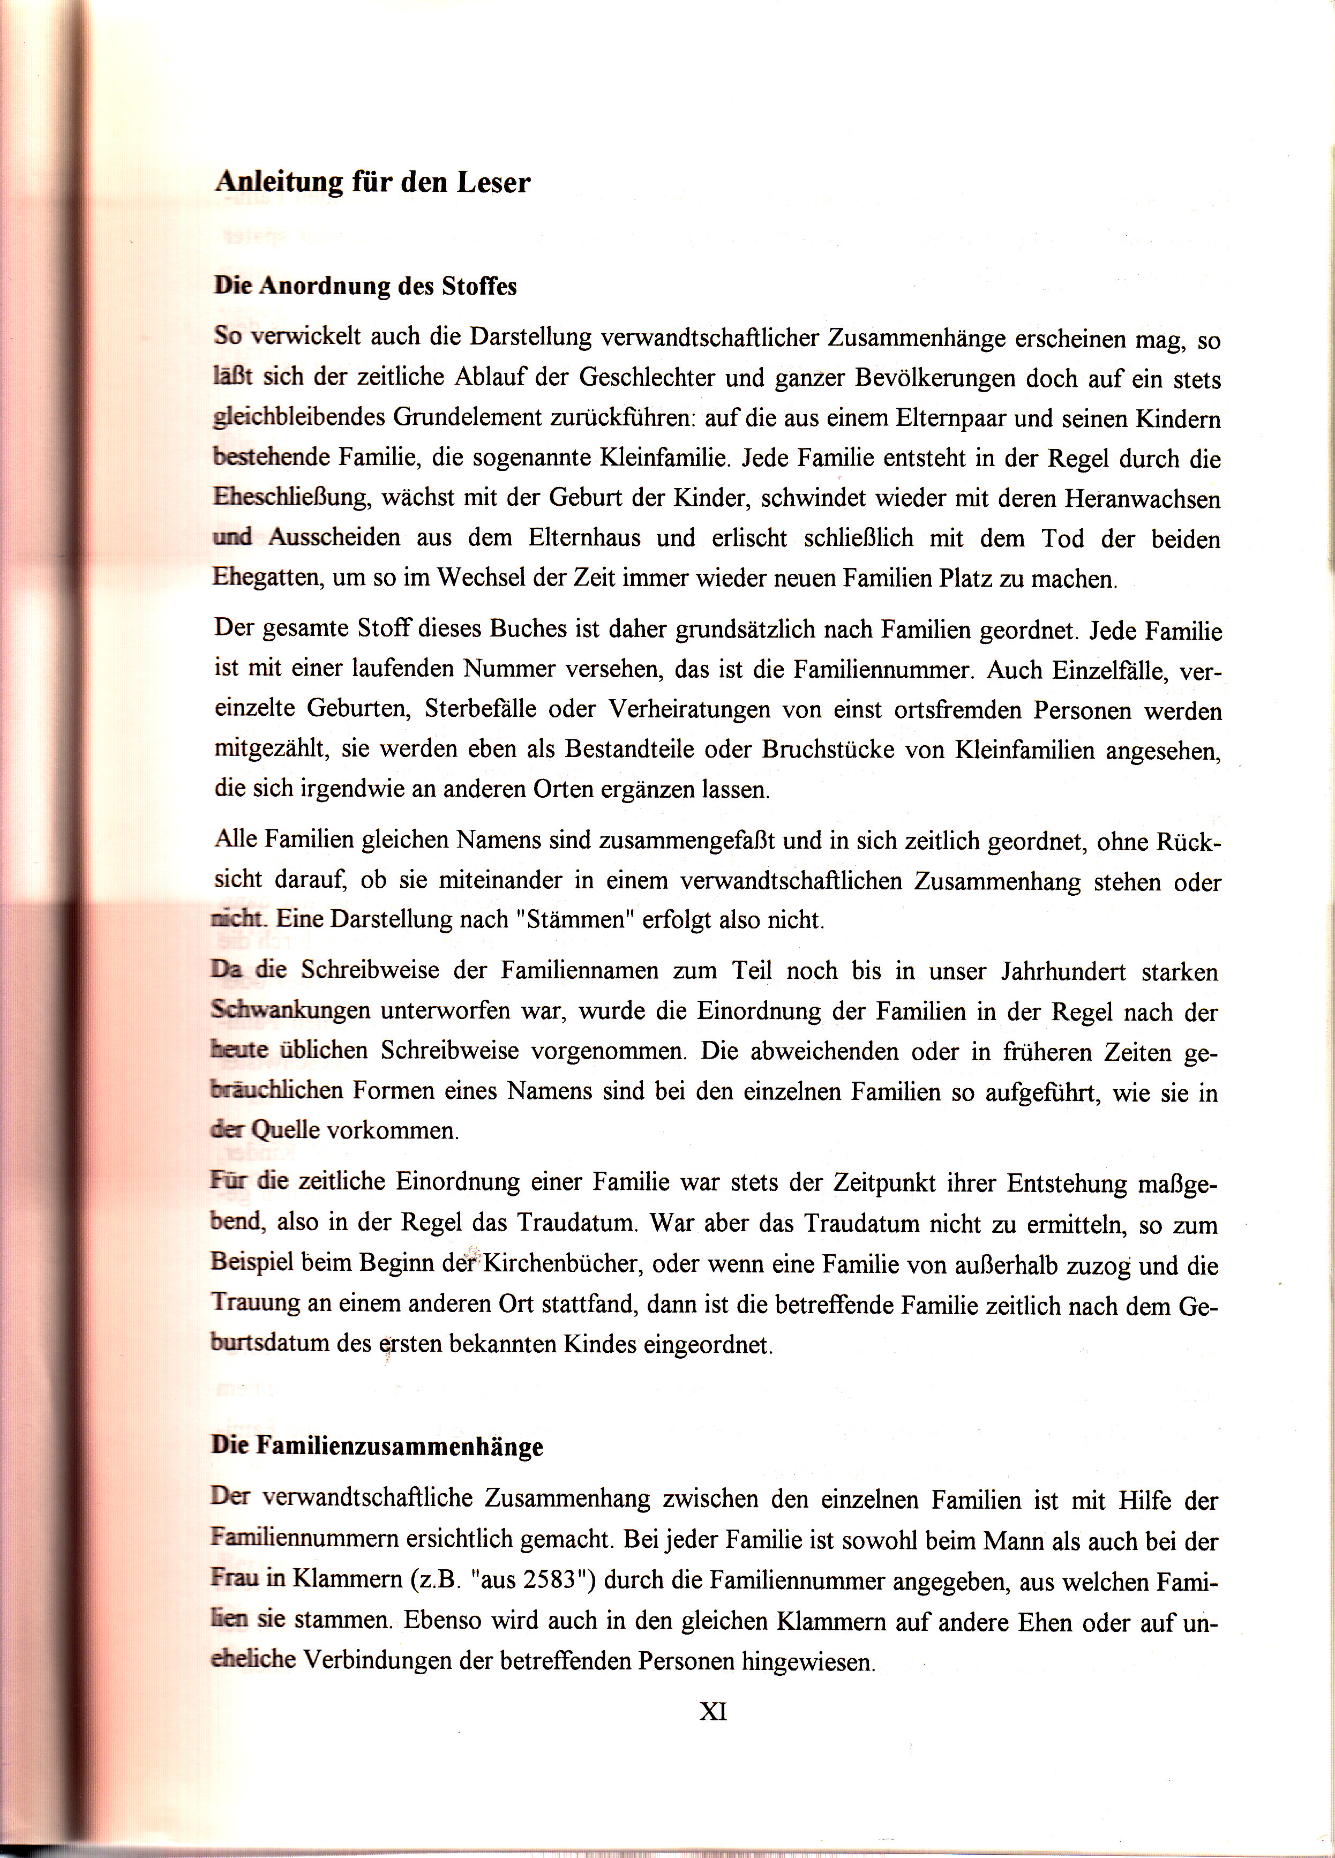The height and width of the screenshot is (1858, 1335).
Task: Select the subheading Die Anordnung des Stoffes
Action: pyautogui.click(x=365, y=286)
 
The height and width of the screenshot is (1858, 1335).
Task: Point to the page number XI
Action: pyautogui.click(x=714, y=1711)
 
